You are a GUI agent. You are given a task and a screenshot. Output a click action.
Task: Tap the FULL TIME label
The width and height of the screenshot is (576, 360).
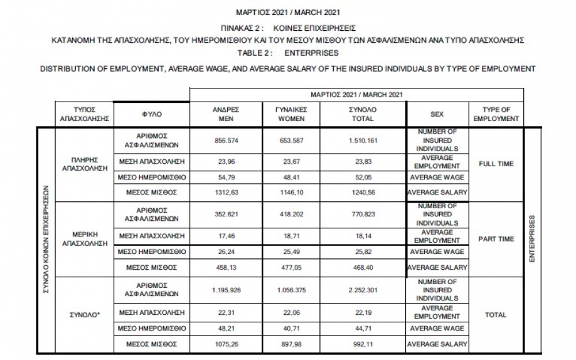pyautogui.click(x=496, y=164)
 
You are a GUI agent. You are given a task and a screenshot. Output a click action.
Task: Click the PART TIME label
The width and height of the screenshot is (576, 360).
pyautogui.click(x=496, y=239)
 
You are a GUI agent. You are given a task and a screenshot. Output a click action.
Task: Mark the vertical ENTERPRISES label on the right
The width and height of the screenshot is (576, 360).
pyautogui.click(x=531, y=240)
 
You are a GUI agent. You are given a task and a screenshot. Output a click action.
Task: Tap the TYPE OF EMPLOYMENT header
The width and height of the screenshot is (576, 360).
pyautogui.click(x=496, y=114)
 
